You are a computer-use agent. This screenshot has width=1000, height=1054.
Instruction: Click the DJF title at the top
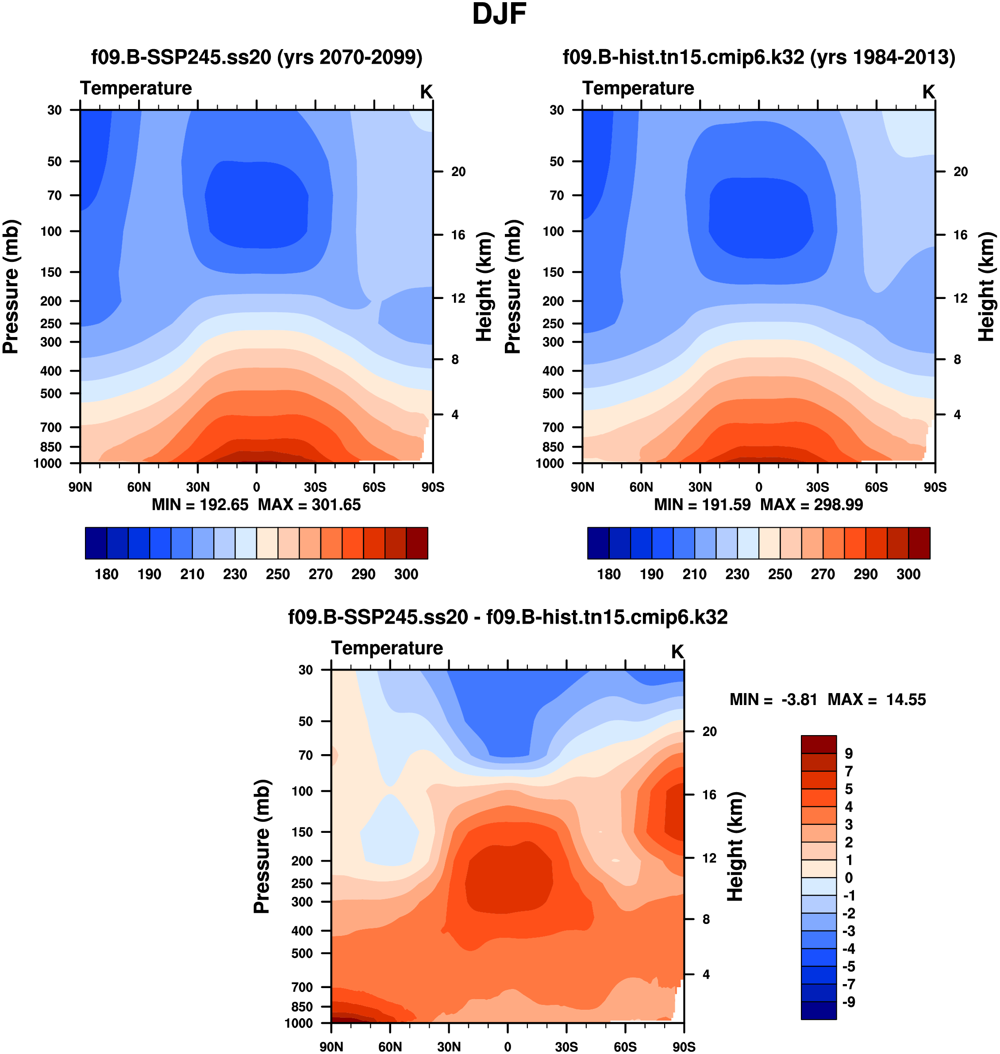click(x=499, y=15)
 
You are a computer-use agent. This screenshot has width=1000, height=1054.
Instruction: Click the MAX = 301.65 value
click(x=309, y=505)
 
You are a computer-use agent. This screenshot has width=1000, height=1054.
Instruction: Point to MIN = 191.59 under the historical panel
click(x=702, y=505)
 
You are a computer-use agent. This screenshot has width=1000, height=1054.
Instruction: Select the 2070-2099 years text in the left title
click(x=349, y=57)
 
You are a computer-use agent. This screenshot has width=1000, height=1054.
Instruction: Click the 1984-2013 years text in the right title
click(x=883, y=57)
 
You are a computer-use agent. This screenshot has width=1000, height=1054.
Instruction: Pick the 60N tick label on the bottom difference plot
click(x=390, y=1046)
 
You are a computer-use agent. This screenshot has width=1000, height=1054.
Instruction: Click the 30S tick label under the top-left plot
click(x=315, y=487)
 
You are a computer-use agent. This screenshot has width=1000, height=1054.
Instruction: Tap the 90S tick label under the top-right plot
click(x=935, y=487)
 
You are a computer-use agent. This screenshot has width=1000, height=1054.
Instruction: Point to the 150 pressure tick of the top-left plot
click(x=52, y=272)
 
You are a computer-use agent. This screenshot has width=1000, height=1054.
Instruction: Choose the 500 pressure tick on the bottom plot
click(x=302, y=953)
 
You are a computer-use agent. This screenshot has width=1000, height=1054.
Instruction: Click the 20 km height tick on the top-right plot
click(x=960, y=172)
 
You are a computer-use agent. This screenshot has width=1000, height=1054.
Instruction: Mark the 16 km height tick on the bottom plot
click(x=709, y=794)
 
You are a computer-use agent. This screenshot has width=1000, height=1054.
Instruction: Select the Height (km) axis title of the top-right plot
click(x=986, y=287)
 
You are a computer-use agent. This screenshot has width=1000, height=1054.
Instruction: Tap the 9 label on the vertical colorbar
click(x=849, y=754)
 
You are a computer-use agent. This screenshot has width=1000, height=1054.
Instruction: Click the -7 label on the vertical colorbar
click(x=849, y=984)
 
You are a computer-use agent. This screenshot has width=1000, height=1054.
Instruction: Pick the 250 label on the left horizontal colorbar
click(x=278, y=575)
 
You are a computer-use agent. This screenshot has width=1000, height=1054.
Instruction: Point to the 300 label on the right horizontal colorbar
click(x=908, y=575)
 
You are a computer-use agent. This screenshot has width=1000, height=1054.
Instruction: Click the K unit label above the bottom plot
click(x=677, y=652)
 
